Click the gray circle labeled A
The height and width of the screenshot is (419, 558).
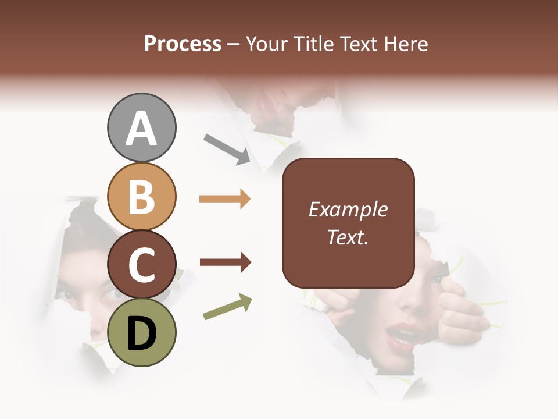[141, 128]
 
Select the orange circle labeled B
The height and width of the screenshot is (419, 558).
[141, 197]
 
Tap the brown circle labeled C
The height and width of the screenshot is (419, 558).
[141, 265]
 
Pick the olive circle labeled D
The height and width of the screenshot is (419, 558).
[141, 332]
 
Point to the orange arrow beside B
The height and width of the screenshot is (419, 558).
[225, 199]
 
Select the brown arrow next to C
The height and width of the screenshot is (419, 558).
[225, 262]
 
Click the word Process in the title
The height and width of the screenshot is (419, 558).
[183, 44]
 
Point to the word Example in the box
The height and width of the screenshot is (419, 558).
[348, 210]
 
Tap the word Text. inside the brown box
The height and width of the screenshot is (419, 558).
[348, 237]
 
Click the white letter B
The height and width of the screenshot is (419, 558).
[141, 197]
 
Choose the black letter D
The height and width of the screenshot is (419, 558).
[141, 333]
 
